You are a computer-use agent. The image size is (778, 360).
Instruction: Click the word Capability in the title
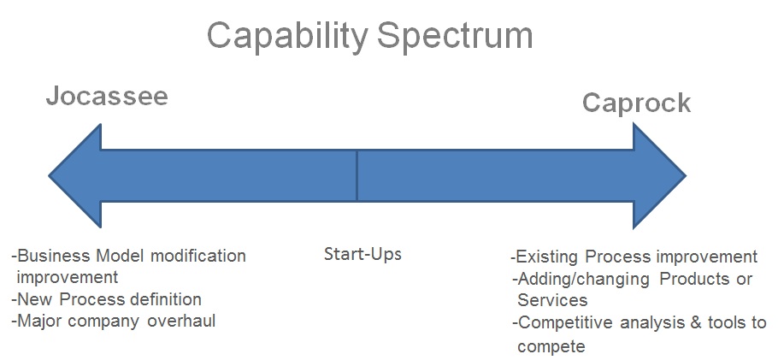click(x=287, y=36)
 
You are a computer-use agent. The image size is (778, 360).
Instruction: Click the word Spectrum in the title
click(x=455, y=36)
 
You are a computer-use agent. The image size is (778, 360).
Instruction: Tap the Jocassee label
click(x=107, y=96)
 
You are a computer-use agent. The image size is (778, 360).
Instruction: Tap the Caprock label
click(x=636, y=103)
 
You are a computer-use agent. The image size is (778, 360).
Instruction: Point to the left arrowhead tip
click(x=49, y=175)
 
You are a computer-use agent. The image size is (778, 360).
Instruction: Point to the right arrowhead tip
click(x=686, y=175)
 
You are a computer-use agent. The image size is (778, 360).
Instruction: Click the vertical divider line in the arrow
click(x=357, y=176)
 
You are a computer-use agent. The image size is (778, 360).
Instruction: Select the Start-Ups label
click(x=362, y=254)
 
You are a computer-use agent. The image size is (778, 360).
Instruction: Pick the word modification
click(x=198, y=256)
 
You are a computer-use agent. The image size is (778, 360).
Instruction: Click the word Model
click(x=121, y=256)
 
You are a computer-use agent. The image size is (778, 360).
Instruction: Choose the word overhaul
click(x=181, y=321)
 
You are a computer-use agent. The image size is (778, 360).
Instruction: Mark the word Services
click(x=552, y=300)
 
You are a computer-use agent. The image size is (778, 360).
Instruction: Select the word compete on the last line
click(x=551, y=345)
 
